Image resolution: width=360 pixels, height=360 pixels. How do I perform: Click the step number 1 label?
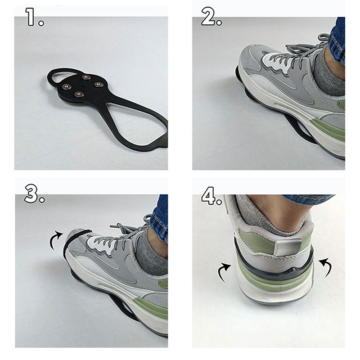tap(34, 17)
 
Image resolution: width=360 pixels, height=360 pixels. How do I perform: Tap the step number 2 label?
tap(211, 16)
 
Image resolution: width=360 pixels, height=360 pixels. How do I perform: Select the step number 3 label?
tap(34, 194)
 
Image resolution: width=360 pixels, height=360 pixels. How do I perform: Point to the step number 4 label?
tap(211, 196)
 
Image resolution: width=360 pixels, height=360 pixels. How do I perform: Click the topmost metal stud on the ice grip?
tap(86, 77)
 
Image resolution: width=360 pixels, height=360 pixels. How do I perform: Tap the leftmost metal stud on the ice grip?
tap(67, 86)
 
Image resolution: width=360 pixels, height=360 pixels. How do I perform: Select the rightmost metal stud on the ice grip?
tap(98, 84)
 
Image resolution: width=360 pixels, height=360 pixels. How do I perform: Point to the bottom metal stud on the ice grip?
tap(79, 94)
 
